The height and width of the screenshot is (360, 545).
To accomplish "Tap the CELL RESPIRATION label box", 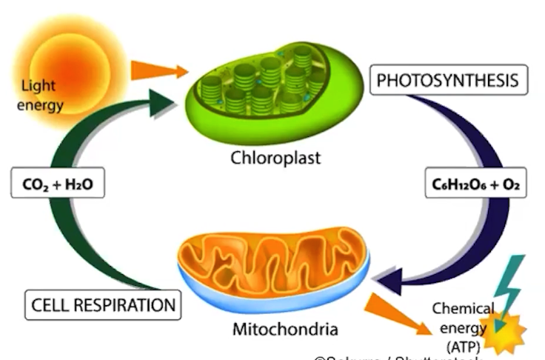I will coord(103,304).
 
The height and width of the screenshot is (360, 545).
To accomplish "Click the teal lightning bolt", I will coord(511,285).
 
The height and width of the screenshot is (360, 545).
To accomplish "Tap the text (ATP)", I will coord(462,344).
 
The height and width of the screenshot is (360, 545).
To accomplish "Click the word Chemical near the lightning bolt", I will coord(463,308).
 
